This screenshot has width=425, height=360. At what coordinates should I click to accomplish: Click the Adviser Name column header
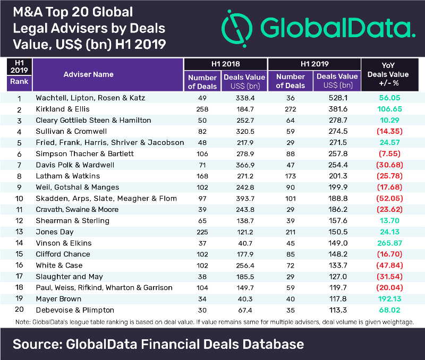click(x=88, y=74)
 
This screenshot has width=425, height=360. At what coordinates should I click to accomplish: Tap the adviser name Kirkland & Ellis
click(x=62, y=109)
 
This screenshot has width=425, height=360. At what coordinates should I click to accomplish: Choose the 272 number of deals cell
click(x=290, y=109)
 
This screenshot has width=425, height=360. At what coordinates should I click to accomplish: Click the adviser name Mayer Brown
click(x=58, y=298)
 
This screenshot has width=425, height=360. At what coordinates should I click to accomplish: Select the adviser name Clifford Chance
click(x=63, y=254)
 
